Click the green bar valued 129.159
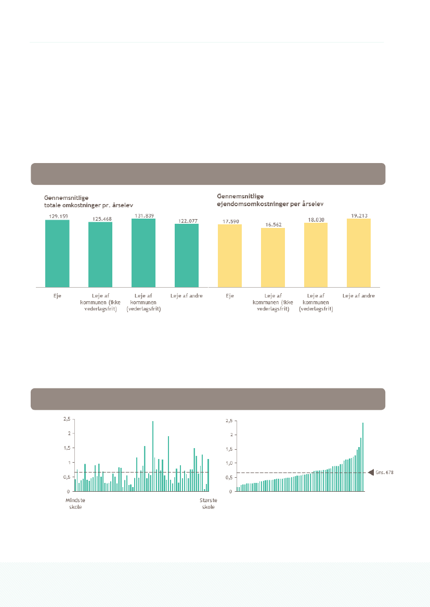click(57, 253)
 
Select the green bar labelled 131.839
click(144, 252)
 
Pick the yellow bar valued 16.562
click(272, 257)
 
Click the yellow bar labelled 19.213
click(359, 252)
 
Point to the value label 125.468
click(100, 219)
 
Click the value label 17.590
click(229, 221)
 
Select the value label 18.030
click(316, 220)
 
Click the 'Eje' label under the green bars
click(57, 296)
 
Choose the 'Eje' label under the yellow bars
click(229, 296)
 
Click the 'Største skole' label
click(208, 503)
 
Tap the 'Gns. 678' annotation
click(385, 473)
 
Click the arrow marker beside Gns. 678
click(371, 473)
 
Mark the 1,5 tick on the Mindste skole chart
click(66, 448)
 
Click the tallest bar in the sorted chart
click(363, 457)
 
